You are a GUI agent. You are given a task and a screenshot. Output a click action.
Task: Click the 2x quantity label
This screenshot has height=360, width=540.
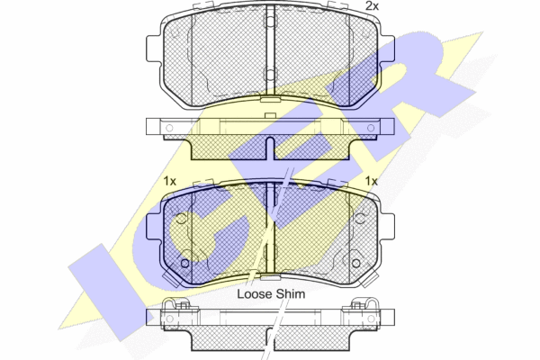tap(372, 6)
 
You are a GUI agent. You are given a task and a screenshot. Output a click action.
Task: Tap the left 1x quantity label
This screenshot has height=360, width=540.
tap(169, 181)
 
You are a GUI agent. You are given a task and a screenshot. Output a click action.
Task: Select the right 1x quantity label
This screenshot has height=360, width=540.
tap(371, 181)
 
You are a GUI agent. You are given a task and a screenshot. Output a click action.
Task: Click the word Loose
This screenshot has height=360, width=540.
tap(252, 294)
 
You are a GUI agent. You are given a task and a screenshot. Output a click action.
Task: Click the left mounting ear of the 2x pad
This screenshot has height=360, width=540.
tap(154, 49)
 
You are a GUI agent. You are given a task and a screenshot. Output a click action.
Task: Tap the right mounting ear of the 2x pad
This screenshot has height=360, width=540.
tap(387, 49)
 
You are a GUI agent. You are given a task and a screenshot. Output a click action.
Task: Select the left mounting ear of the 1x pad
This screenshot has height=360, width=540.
tap(154, 227)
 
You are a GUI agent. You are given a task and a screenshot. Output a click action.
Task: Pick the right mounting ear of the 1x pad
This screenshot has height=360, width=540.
tap(387, 227)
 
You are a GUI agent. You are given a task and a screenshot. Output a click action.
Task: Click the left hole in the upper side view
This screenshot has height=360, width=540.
tap(169, 128)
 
